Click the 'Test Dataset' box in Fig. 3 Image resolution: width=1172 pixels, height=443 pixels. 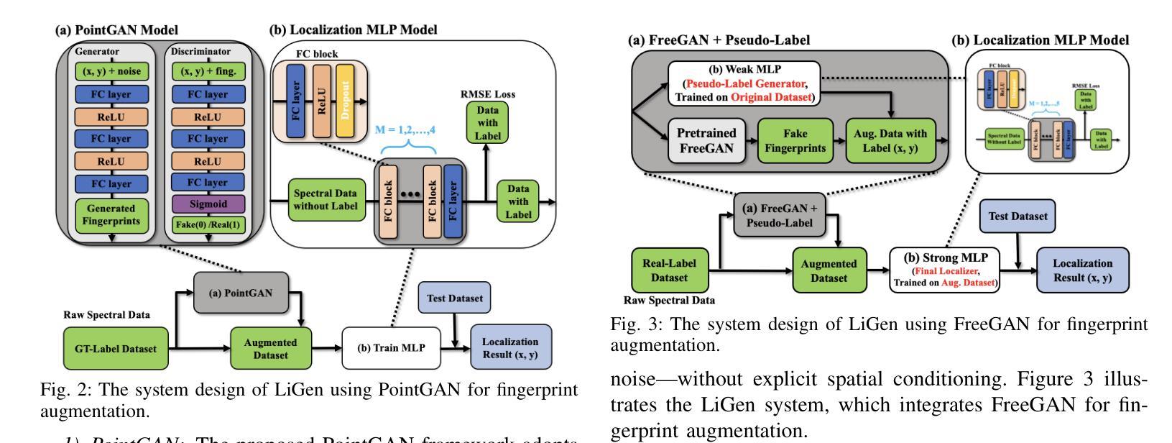click(x=1017, y=216)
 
